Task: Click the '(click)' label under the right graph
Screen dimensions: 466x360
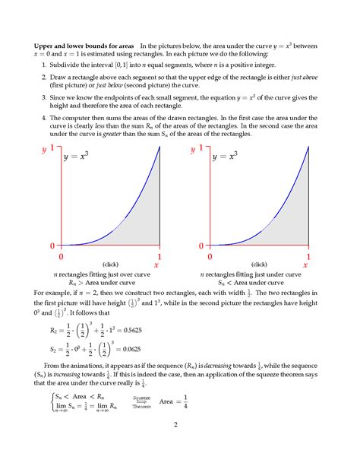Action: [259, 264]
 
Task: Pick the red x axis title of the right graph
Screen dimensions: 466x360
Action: [305, 265]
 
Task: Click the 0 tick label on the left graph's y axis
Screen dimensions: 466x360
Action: [52, 246]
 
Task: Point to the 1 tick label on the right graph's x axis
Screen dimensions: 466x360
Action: [308, 257]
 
